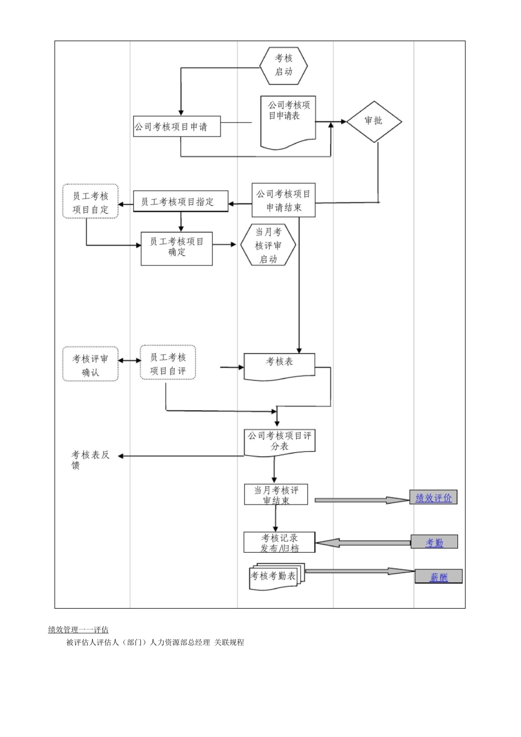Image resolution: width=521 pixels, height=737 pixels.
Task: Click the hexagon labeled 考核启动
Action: tap(284, 65)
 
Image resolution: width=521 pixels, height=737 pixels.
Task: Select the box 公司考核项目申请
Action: tap(177, 127)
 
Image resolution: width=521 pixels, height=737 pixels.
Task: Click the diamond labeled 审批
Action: tap(373, 121)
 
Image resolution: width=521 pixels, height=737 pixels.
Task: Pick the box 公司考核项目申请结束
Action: tap(284, 201)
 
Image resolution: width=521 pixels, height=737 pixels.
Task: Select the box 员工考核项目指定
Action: tap(181, 202)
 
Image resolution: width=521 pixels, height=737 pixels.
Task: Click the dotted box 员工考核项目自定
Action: tap(90, 202)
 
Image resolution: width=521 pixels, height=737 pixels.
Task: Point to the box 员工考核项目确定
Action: tap(177, 247)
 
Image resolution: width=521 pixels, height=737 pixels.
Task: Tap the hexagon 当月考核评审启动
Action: tap(268, 246)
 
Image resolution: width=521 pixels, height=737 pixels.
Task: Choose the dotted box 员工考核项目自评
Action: tap(168, 364)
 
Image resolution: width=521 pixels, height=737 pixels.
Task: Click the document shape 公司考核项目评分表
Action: tap(280, 441)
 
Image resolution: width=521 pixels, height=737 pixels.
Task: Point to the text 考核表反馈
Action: tap(90, 460)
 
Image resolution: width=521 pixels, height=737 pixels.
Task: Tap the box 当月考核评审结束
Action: tap(276, 495)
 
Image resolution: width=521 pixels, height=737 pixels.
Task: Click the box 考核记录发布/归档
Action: tap(280, 543)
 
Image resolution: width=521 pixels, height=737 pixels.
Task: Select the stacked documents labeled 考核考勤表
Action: tap(273, 576)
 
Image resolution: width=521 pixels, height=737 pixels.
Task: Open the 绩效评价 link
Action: tap(433, 498)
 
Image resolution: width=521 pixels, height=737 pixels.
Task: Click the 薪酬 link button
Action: tap(438, 577)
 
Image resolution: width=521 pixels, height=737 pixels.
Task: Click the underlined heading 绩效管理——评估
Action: tap(78, 630)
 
